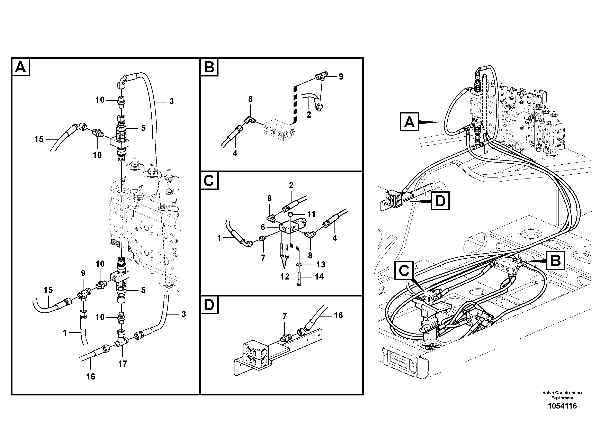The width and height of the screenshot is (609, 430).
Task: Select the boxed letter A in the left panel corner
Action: point(21,67)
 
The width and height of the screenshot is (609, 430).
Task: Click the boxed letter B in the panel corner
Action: point(209,67)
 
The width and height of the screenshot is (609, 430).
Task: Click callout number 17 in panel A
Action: point(123,364)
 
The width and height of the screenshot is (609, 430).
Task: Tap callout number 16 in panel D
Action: point(338,315)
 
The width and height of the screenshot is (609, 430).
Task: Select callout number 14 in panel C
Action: point(319,276)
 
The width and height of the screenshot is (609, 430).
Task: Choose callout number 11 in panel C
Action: point(311,214)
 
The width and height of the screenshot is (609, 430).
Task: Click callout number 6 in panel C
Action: point(263,227)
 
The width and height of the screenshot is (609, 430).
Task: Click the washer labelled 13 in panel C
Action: point(299,265)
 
